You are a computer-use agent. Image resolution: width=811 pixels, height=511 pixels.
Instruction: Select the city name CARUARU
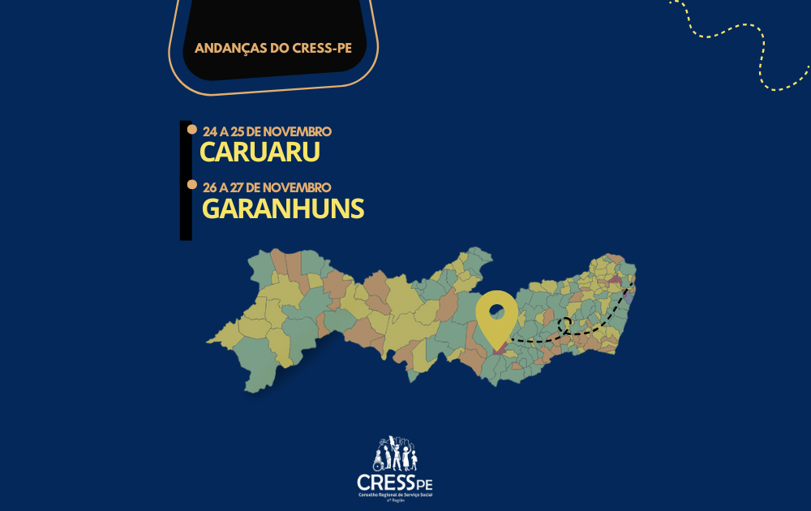(260, 152)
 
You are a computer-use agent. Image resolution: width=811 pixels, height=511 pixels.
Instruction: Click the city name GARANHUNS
(282, 208)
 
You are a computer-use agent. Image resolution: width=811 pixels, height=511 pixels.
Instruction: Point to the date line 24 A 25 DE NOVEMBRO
(268, 131)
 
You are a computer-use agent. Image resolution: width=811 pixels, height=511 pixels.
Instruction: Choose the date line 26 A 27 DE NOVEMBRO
(268, 187)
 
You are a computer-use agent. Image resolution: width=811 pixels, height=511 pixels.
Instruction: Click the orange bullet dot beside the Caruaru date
(192, 129)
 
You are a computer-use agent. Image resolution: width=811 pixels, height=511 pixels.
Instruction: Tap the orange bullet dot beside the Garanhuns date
(192, 185)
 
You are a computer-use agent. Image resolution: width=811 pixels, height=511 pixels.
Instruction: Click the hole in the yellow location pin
(496, 311)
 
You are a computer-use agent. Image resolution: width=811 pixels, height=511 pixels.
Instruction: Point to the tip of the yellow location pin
(496, 350)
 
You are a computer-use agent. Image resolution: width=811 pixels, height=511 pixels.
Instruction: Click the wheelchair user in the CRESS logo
(378, 464)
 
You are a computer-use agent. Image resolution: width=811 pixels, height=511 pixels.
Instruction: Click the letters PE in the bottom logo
(423, 486)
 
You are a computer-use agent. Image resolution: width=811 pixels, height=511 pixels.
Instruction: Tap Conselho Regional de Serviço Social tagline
(394, 496)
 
